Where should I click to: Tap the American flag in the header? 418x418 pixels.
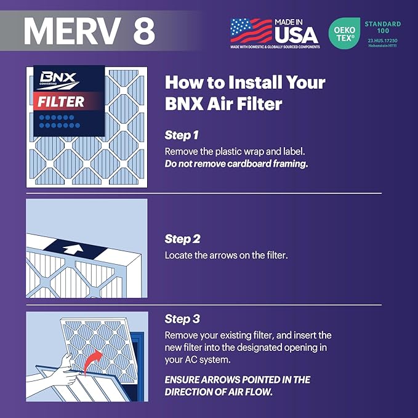pos(251,30)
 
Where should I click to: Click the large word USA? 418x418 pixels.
pos(296,33)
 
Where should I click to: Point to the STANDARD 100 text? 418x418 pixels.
pos(382,27)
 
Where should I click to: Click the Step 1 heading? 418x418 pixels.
pos(182,134)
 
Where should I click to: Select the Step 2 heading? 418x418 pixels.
pos(183,239)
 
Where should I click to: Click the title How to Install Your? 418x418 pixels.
pos(244,82)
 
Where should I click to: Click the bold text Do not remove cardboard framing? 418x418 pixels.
pos(236,164)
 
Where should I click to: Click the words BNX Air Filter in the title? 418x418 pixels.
pos(223,103)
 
